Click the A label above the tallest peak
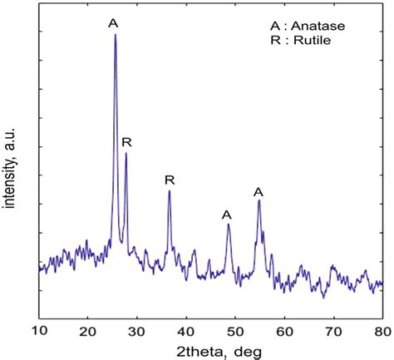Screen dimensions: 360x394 [x=113, y=22]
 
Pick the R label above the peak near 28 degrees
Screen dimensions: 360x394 [x=126, y=143]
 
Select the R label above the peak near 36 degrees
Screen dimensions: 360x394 [x=170, y=180]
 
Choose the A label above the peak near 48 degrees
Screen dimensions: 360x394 [x=227, y=215]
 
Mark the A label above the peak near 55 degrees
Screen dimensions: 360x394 [x=259, y=192]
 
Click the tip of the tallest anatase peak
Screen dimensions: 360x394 [x=115, y=35]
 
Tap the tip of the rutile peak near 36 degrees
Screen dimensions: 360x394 [x=170, y=191]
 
